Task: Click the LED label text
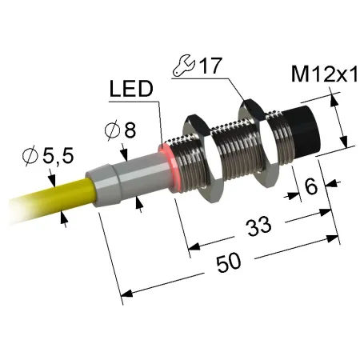[131, 89]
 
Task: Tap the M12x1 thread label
[325, 74]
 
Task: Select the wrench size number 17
[210, 65]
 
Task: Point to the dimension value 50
[228, 263]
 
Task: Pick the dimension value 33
[258, 226]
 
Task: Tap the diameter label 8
[130, 130]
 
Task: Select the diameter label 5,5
[58, 156]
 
